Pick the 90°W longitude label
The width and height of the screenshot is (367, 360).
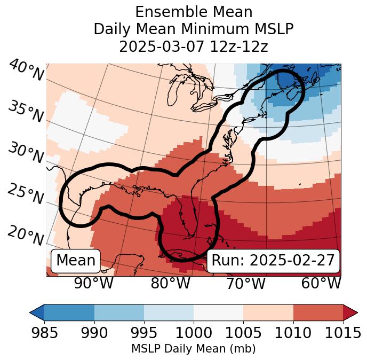[94, 283]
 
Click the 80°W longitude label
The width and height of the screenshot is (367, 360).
[170, 283]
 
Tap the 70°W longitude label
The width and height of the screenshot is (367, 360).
[245, 283]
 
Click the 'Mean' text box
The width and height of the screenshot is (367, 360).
[76, 261]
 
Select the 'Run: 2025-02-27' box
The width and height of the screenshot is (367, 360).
[273, 261]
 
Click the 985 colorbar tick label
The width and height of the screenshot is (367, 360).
[44, 333]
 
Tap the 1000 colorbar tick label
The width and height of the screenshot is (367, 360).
[194, 333]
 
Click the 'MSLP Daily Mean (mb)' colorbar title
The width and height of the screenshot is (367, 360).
[194, 349]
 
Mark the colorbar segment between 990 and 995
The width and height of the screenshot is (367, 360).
[119, 312]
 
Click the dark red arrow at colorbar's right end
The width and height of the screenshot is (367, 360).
[350, 312]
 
